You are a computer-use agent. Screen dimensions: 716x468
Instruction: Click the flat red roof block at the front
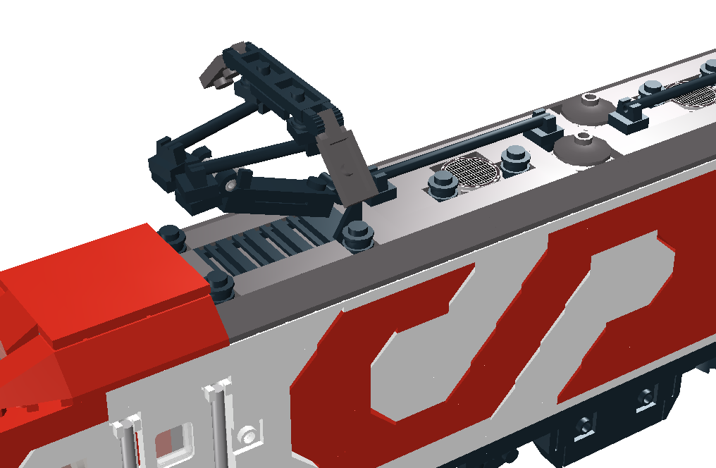pos(105,283)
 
